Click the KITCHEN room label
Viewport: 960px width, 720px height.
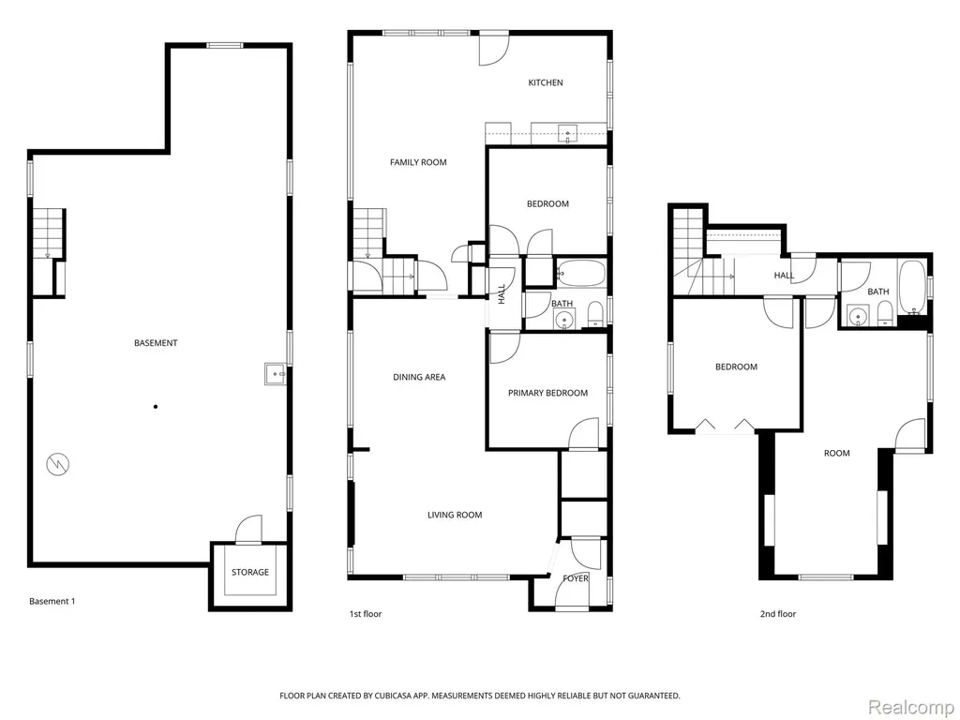point(546,82)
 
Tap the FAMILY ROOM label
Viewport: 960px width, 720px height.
point(418,162)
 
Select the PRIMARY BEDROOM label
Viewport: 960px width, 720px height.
point(547,393)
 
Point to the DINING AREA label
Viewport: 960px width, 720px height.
point(419,377)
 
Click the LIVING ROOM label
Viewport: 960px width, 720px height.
point(455,515)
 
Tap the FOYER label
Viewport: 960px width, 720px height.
point(576,577)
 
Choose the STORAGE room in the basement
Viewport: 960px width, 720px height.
point(249,573)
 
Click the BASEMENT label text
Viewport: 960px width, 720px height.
point(156,343)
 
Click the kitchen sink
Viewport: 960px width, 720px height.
point(569,133)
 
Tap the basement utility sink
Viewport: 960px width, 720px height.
point(277,373)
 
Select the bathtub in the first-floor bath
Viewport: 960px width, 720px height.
point(580,273)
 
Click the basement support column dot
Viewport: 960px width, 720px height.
point(156,407)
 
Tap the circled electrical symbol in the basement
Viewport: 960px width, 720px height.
point(58,465)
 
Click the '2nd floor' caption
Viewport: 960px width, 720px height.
point(777,614)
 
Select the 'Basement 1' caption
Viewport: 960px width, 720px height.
point(52,601)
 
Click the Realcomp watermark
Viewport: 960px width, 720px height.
point(910,707)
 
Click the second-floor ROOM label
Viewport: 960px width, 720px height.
point(836,453)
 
